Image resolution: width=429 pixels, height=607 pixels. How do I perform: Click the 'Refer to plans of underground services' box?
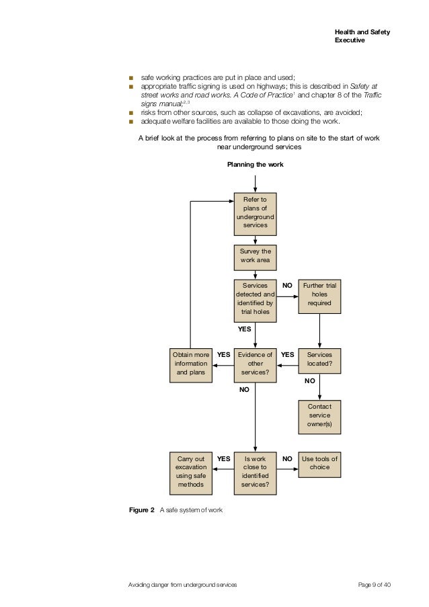[x=255, y=212]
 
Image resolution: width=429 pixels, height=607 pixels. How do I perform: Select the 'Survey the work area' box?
[x=255, y=256]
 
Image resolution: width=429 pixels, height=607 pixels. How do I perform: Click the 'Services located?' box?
[x=319, y=360]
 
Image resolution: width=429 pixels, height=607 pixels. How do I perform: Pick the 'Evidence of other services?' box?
[x=255, y=364]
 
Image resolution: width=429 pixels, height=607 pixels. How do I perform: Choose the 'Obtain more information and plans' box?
[x=190, y=364]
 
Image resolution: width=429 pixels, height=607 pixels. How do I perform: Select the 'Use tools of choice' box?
[x=319, y=463]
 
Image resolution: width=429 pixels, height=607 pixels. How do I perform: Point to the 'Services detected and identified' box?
[x=255, y=298]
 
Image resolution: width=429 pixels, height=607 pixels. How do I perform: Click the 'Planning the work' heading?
[x=255, y=164]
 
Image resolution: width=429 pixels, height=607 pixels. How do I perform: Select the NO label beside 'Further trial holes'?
[x=287, y=286]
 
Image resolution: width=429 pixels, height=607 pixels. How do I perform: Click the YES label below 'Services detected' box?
[x=244, y=329]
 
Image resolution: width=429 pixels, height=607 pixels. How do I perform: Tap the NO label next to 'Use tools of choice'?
[x=287, y=459]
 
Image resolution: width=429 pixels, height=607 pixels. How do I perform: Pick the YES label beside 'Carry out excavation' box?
[x=224, y=459]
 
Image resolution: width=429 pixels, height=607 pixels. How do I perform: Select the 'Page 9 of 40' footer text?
[x=375, y=585]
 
